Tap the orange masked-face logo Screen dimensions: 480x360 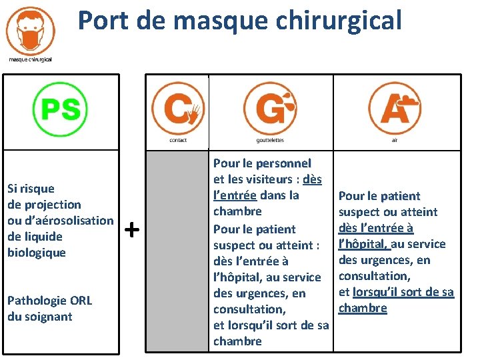coord(30,29)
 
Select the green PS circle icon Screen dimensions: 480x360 coord(61,109)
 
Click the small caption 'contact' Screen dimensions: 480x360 coord(178,140)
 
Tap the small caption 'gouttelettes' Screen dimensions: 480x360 coord(270,140)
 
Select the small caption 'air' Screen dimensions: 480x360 coord(395,140)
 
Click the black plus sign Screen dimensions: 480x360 coord(132,231)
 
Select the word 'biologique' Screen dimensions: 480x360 coord(37,253)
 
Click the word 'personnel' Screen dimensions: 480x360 coord(283,163)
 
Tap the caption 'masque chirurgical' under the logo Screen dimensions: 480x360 coord(30,59)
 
